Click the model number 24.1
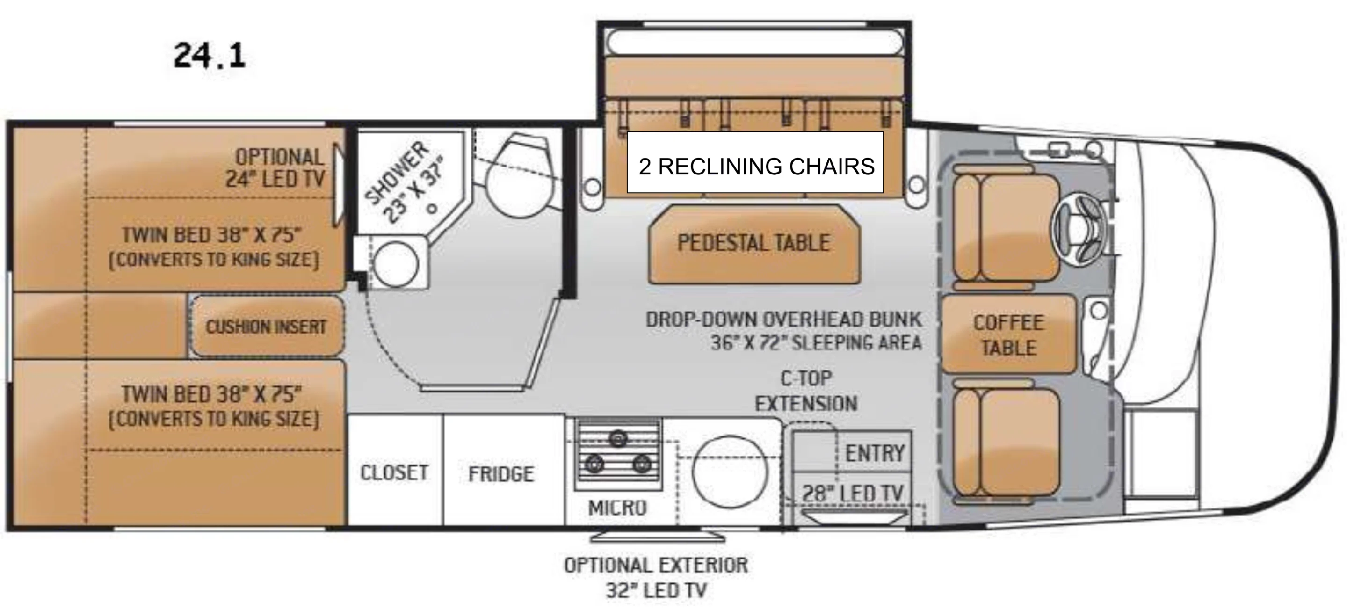tap(209, 56)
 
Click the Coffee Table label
tap(1009, 335)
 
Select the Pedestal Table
tap(753, 243)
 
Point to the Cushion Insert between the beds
tap(266, 327)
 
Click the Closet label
tap(394, 472)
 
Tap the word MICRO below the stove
tap(617, 508)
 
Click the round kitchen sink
tap(730, 472)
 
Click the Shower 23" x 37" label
tap(405, 182)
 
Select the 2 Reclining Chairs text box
tap(755, 166)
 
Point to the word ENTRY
tap(875, 453)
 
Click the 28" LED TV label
tap(853, 493)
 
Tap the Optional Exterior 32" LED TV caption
tap(656, 578)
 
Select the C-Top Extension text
tap(806, 391)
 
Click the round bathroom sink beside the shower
tap(396, 265)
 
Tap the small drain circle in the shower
tap(432, 208)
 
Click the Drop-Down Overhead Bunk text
tap(783, 331)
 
